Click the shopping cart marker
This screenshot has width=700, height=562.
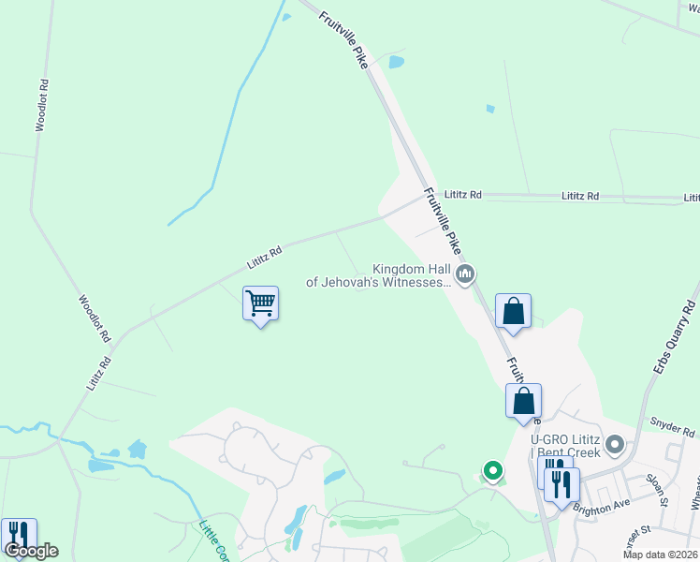coord(260,303)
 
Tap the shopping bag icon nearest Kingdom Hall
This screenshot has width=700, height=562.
coord(514,312)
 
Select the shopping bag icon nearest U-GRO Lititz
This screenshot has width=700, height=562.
coord(524,401)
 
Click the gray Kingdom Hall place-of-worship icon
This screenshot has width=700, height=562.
coord(465,274)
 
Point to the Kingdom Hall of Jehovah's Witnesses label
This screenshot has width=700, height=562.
coord(380,274)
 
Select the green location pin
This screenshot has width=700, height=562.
coord(491,470)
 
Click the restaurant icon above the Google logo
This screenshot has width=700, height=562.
coord(18,535)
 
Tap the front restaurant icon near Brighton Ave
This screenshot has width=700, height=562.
coord(562,484)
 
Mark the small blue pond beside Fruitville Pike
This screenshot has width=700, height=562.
coord(396,63)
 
